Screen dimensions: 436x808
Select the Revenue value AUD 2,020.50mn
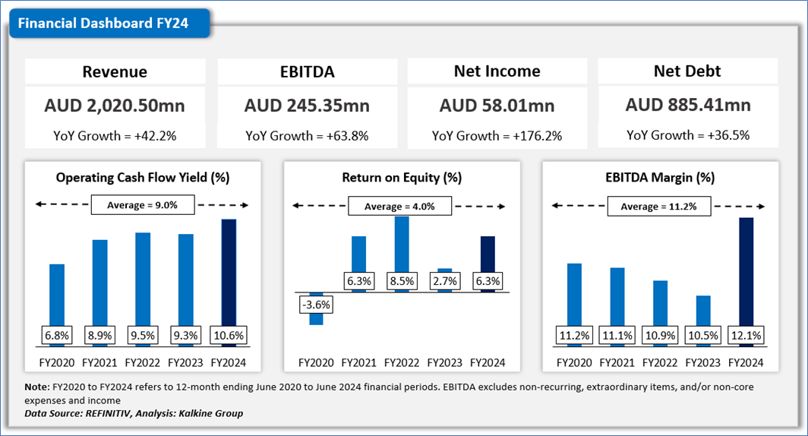(x=115, y=105)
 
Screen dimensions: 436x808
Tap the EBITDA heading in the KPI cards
(x=307, y=72)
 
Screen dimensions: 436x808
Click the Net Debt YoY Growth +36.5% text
(x=688, y=135)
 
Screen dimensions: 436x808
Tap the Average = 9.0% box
(x=143, y=205)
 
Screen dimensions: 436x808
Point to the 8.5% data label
(x=402, y=281)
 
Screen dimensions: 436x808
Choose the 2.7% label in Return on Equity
(x=445, y=281)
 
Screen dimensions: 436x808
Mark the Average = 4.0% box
(x=400, y=207)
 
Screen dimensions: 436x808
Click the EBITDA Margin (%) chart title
(x=661, y=178)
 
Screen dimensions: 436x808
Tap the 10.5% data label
(x=703, y=335)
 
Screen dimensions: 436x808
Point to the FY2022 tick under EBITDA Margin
(x=661, y=362)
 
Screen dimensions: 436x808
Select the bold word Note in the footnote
(x=37, y=387)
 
